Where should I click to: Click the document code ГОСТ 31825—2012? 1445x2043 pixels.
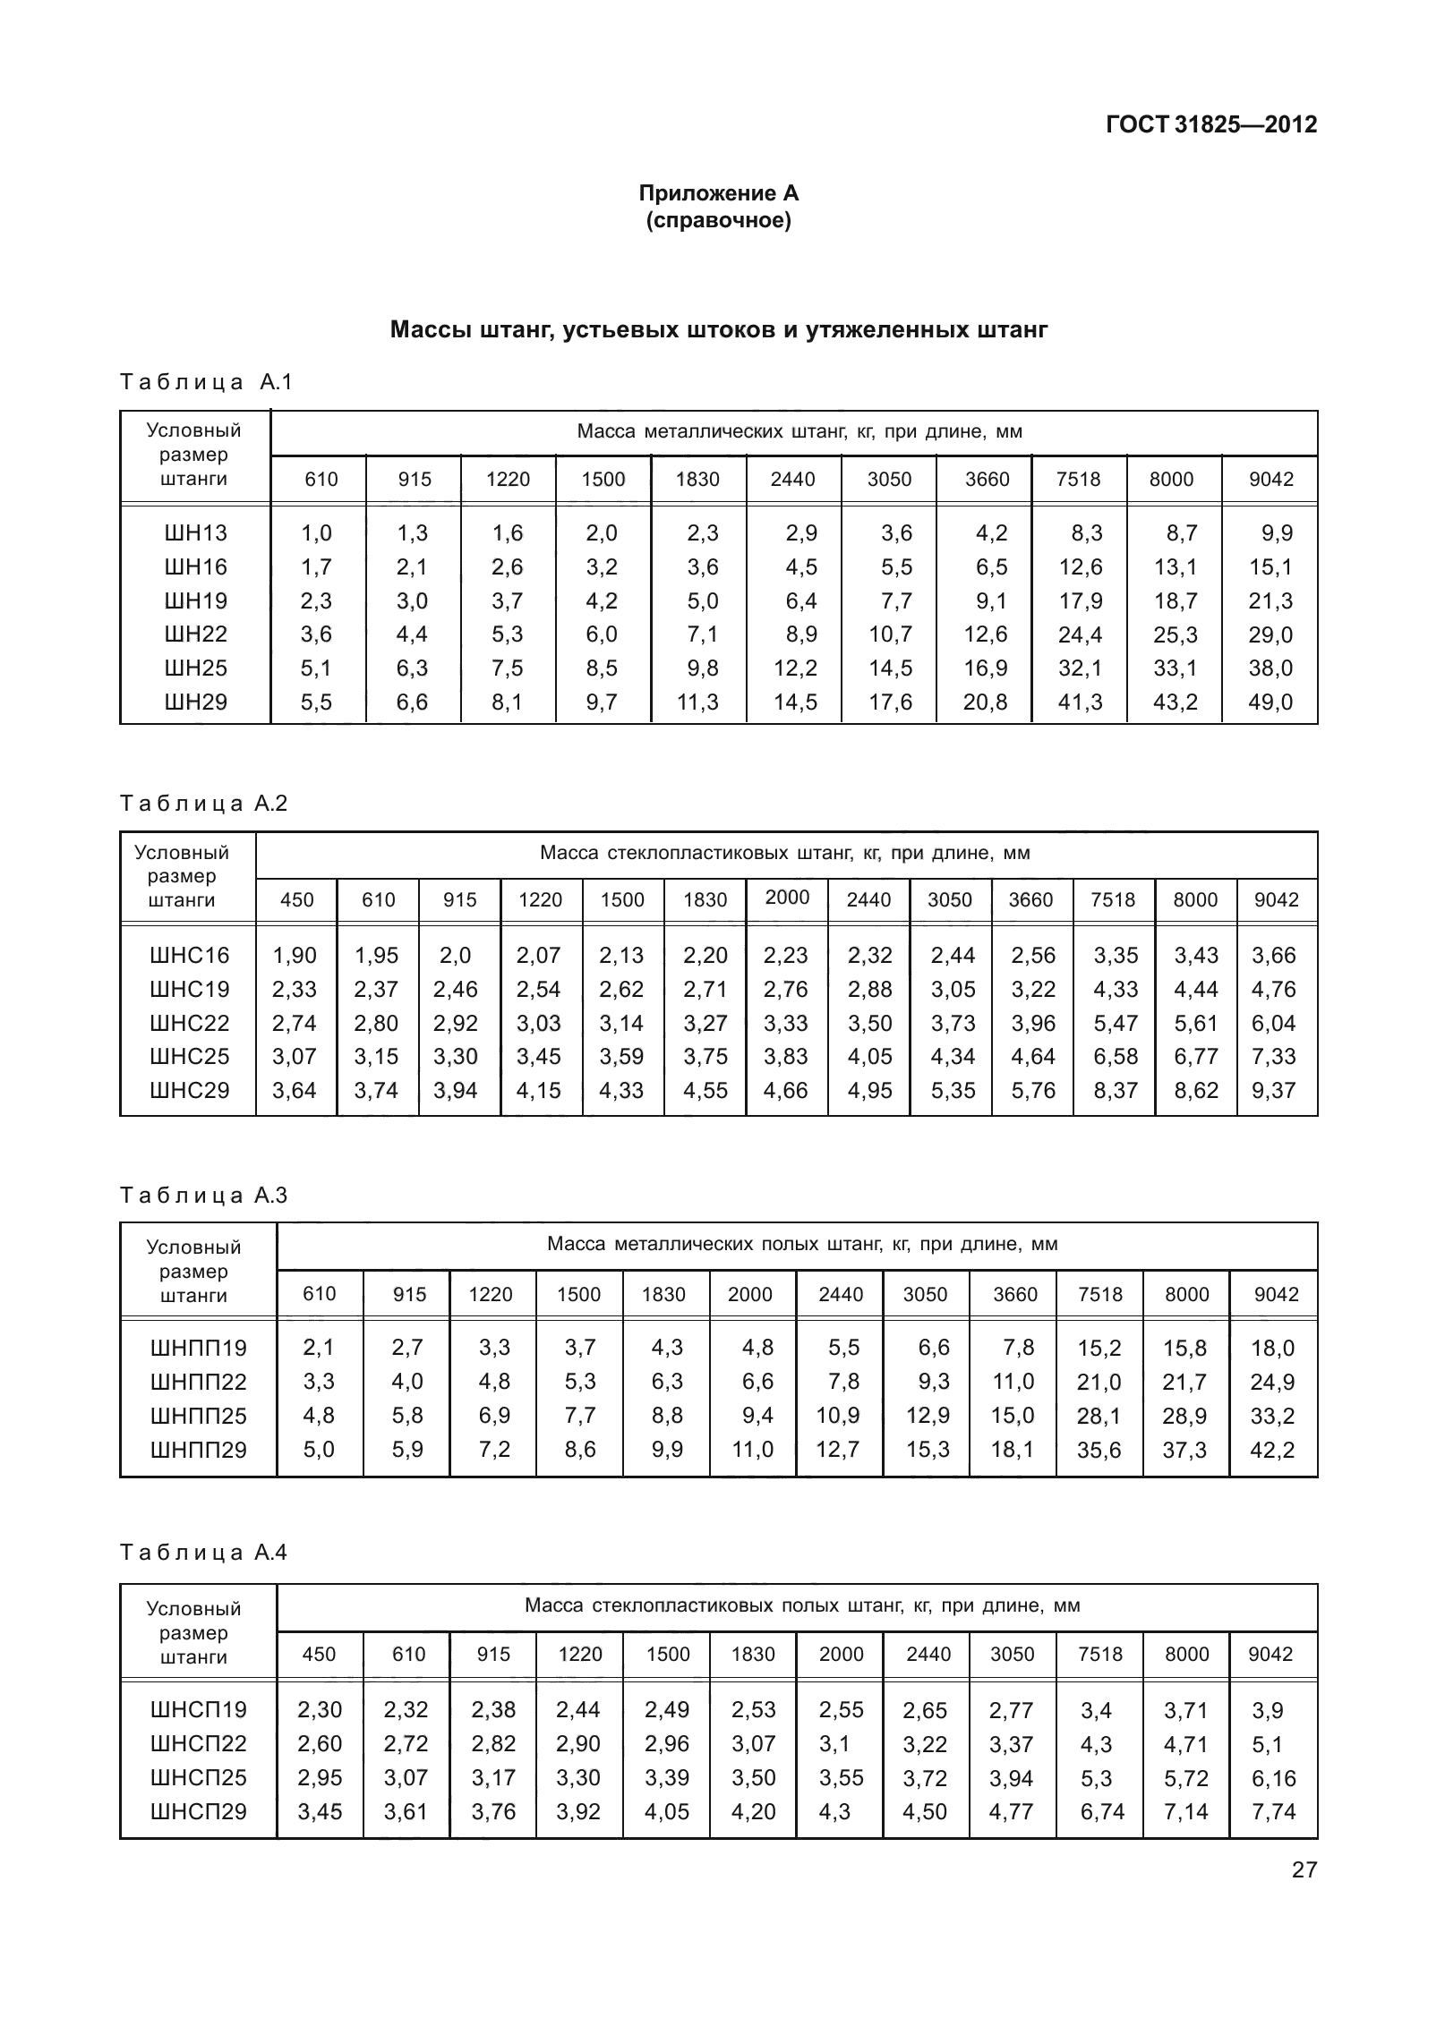click(x=1211, y=124)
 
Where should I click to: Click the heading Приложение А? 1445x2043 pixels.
click(x=718, y=193)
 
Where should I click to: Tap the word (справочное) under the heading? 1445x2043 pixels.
click(x=718, y=220)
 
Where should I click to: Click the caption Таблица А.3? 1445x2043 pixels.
click(x=204, y=1196)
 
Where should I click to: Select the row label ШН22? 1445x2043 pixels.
click(x=196, y=634)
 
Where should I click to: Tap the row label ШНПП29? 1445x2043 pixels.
click(x=198, y=1450)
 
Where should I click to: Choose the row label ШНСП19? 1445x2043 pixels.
click(x=198, y=1710)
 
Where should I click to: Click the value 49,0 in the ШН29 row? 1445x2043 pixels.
click(x=1270, y=702)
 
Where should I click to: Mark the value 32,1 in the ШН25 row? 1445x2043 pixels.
click(x=1080, y=668)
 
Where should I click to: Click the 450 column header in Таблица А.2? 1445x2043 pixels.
click(x=296, y=900)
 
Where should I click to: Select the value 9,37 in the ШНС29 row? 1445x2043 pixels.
click(x=1273, y=1091)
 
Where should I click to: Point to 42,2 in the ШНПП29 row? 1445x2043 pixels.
click(x=1272, y=1450)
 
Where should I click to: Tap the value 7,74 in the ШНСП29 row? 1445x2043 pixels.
click(x=1273, y=1812)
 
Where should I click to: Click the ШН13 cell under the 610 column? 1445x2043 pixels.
click(x=317, y=533)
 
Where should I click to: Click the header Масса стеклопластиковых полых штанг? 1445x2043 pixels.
click(x=802, y=1605)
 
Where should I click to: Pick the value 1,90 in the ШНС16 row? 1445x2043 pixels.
click(x=295, y=956)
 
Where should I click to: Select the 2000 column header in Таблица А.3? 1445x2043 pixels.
click(x=749, y=1295)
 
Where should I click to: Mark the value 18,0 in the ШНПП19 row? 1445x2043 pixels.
click(x=1272, y=1349)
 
